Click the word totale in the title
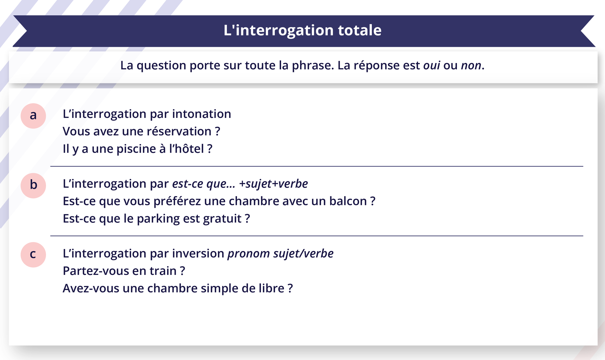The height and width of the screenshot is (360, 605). pos(360,30)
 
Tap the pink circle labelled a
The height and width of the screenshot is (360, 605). pos(33,116)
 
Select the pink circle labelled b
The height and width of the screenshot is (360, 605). pos(33,185)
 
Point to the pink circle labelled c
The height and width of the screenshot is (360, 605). pos(33,255)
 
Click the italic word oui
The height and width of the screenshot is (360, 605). pos(431,66)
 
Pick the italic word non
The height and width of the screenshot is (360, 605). pos(471,66)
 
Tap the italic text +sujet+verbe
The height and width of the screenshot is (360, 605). pos(273,184)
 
